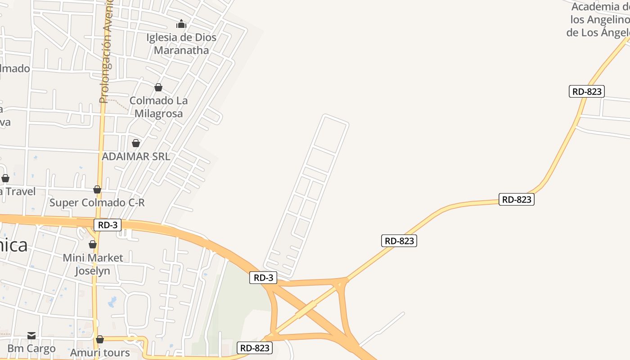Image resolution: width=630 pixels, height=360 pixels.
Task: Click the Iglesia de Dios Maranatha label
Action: [181, 44]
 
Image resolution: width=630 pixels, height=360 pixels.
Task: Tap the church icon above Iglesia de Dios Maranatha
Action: [181, 24]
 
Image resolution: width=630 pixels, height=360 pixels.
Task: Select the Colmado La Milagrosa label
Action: [158, 107]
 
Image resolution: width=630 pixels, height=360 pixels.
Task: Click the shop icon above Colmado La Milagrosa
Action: [158, 87]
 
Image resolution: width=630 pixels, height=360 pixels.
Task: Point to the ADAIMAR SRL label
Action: [136, 157]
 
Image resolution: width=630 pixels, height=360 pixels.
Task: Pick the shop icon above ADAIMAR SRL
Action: [136, 143]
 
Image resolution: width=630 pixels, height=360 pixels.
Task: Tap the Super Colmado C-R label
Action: [97, 202]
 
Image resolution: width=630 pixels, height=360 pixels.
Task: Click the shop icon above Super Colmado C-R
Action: [97, 189]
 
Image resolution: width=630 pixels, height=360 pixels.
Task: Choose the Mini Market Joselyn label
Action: [93, 264]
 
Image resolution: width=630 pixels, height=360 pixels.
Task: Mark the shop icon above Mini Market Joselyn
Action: [93, 244]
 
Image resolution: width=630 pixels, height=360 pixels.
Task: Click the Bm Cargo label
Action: [31, 348]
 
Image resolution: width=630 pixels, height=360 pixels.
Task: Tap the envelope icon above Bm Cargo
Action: [31, 335]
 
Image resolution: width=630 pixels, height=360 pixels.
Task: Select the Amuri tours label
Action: [100, 352]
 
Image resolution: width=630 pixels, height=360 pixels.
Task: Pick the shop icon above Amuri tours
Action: [100, 339]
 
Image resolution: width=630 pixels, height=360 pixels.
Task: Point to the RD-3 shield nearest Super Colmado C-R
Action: [108, 225]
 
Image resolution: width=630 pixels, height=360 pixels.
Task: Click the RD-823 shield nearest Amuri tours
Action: [255, 347]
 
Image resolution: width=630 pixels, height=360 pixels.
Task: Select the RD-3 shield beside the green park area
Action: [263, 278]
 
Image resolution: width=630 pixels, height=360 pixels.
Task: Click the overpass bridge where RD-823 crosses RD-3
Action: [306, 310]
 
